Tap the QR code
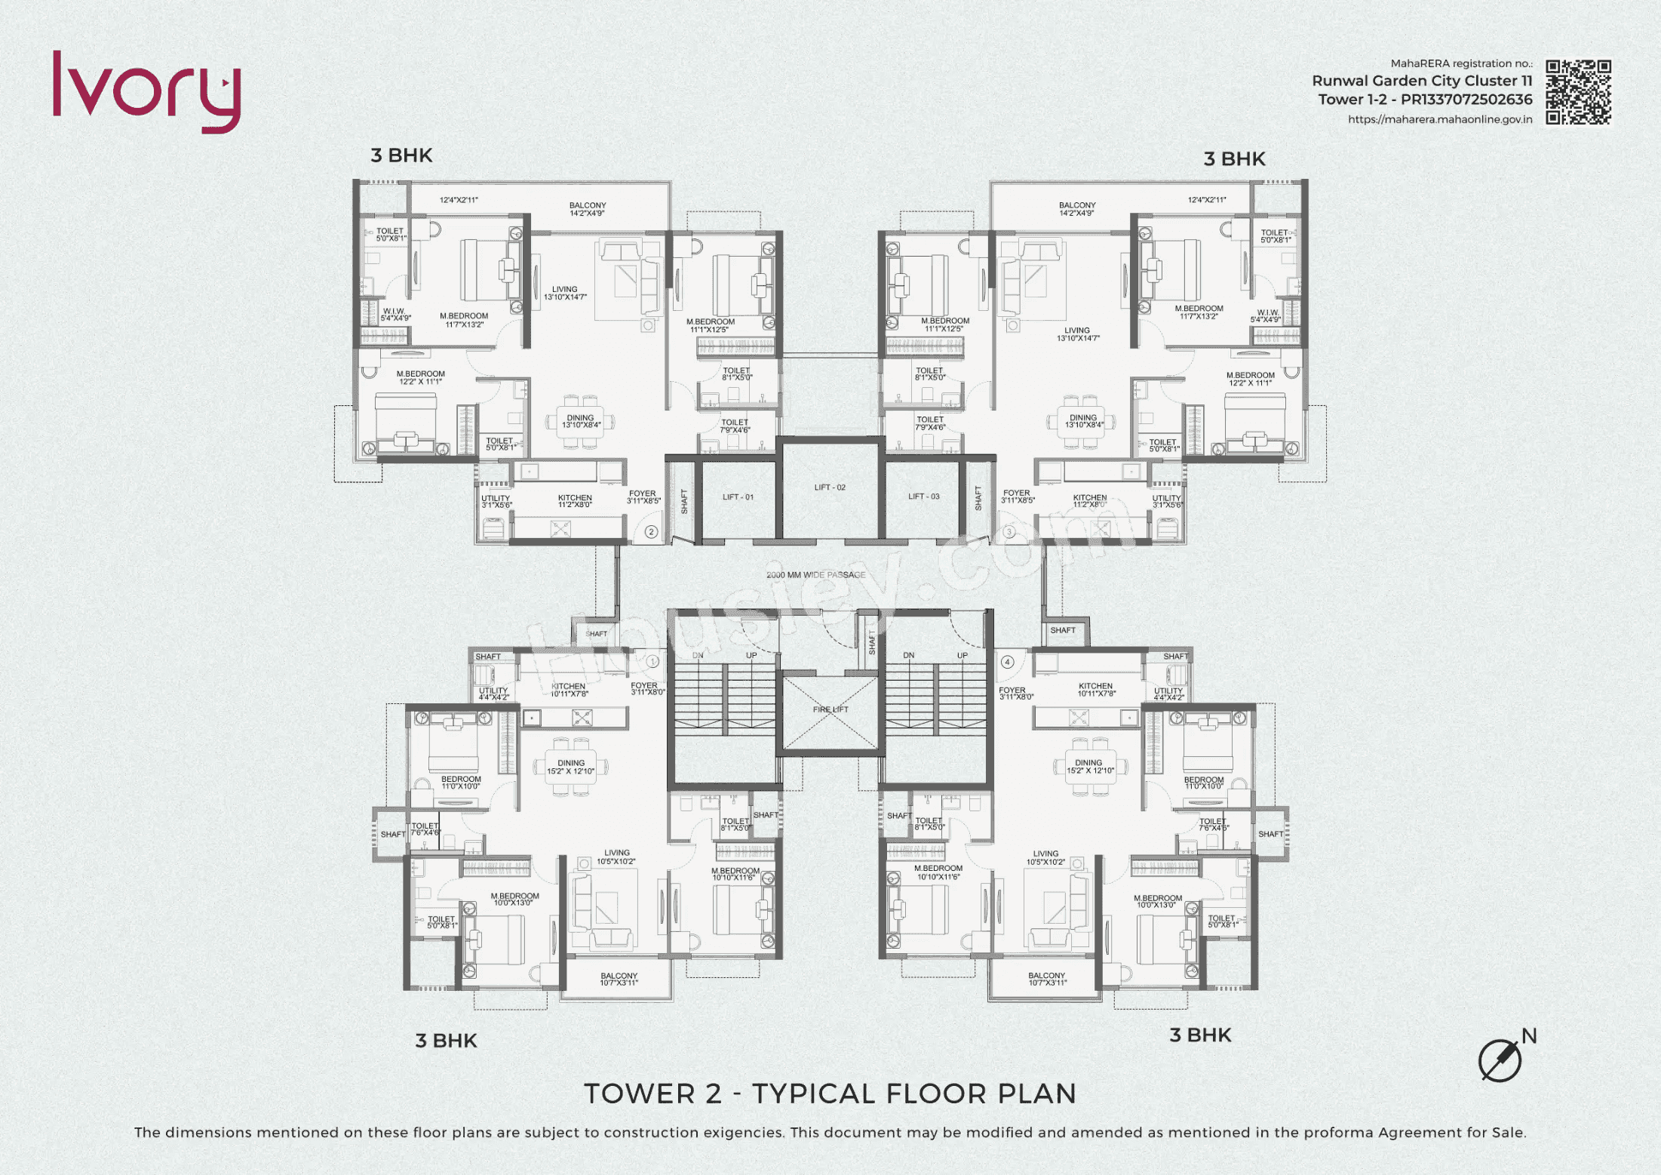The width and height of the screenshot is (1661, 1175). click(1578, 92)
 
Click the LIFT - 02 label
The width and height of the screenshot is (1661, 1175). click(830, 488)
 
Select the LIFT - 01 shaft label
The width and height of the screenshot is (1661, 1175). click(738, 497)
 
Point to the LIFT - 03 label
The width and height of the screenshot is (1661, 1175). click(923, 497)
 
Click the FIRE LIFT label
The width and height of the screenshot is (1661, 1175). click(830, 709)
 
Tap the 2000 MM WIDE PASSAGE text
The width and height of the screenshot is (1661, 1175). click(815, 575)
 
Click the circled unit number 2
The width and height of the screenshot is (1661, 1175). click(652, 531)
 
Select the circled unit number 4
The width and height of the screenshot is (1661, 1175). click(1008, 662)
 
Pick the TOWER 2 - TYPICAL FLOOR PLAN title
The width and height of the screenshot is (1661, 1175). click(830, 1093)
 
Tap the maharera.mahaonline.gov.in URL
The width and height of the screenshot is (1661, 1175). click(1439, 119)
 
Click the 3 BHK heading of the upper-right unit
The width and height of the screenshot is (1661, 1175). click(1234, 159)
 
